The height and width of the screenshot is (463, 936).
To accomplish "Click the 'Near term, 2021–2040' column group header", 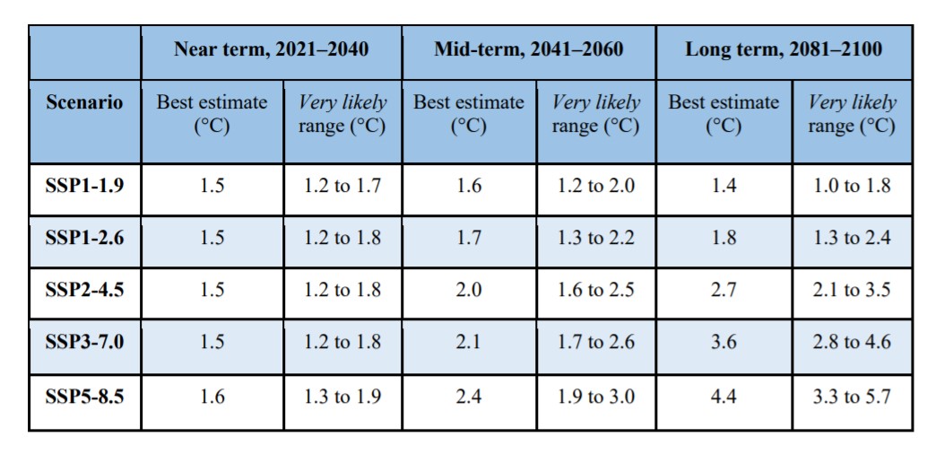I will pos(271,49).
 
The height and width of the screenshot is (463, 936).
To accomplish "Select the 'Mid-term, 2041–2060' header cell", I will pos(528,49).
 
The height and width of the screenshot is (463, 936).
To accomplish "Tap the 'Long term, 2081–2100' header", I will pos(784,49).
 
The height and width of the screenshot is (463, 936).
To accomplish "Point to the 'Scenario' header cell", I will pos(84,101).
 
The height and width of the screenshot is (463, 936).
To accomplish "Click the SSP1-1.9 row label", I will pos(84,187).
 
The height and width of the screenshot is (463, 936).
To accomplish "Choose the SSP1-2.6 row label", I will pos(84,238).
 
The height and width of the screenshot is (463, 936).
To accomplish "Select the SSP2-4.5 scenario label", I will pos(84,290).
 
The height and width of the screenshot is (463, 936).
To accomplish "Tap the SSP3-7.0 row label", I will pos(84,342).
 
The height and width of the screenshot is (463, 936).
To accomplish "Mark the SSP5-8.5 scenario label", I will pos(84,396).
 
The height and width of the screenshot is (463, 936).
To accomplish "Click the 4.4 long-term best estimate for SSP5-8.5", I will pos(724,396).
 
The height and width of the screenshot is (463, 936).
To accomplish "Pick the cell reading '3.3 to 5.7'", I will pos(851,396).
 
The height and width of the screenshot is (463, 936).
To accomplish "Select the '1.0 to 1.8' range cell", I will pos(851,187).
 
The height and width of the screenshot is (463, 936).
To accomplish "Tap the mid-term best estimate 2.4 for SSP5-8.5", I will pos(469,396).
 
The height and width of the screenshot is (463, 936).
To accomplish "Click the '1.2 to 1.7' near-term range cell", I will pos(342,187).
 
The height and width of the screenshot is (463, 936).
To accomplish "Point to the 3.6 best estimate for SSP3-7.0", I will pos(724,342).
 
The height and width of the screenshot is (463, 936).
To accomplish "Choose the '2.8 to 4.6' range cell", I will pos(851,342).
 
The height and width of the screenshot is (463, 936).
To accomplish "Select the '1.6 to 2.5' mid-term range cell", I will pos(595,290).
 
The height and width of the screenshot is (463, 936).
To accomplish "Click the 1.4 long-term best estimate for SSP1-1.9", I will pos(724,187).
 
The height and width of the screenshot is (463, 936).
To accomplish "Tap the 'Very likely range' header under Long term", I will pos(851,114).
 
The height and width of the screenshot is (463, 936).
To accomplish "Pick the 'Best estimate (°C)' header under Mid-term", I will pos(469,114).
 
